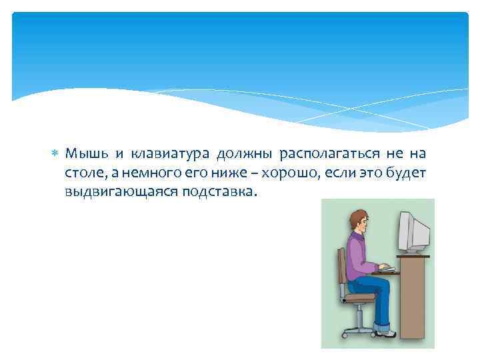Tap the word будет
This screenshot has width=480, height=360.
click(x=407, y=174)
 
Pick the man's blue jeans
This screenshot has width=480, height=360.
click(x=375, y=293)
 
